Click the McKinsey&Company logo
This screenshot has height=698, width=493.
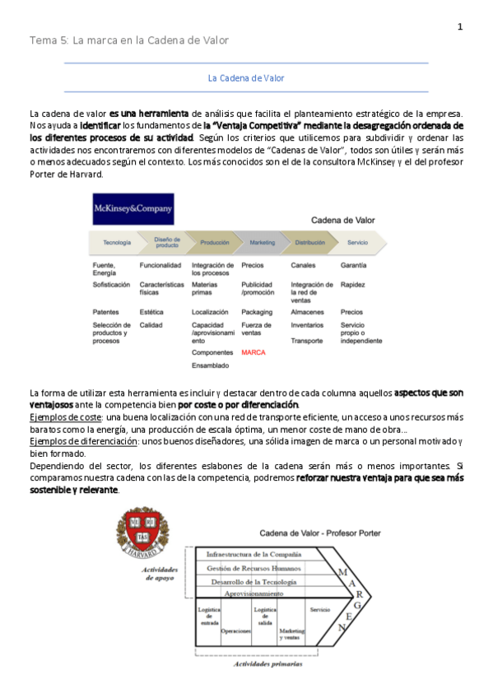(x=133, y=209)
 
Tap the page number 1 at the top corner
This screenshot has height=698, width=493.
(x=460, y=27)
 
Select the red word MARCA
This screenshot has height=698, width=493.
(x=253, y=352)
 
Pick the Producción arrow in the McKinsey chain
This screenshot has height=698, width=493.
(x=215, y=243)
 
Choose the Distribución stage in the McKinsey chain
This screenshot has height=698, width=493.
(x=310, y=243)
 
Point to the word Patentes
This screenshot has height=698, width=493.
(x=106, y=312)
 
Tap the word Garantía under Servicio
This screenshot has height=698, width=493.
(x=354, y=265)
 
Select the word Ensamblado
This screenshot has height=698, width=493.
(x=211, y=365)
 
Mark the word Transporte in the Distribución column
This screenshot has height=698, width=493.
(x=307, y=340)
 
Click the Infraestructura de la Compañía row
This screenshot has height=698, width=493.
(x=253, y=555)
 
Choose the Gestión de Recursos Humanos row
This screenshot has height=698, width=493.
(x=253, y=568)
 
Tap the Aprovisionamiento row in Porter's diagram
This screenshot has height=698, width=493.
(x=253, y=593)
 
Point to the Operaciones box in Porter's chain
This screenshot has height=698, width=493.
(x=235, y=631)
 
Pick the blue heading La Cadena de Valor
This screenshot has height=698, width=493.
(x=246, y=78)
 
